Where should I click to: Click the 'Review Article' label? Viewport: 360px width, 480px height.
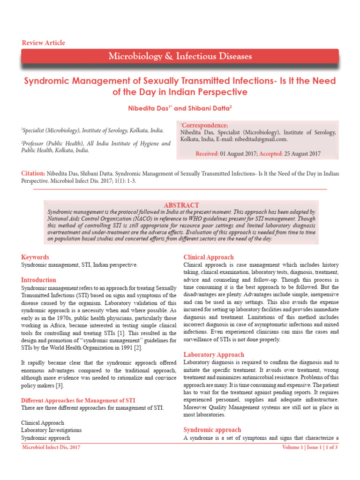44,43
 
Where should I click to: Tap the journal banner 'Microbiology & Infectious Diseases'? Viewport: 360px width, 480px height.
180,57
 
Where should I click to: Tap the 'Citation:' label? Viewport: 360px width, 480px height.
33,173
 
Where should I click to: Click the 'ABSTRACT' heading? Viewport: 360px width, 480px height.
181,205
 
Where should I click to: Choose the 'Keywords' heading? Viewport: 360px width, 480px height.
35,257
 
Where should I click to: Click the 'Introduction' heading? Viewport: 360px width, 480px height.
38,280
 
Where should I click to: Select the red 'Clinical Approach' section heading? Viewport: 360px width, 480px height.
209,257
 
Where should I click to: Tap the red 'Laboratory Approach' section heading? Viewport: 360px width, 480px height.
213,355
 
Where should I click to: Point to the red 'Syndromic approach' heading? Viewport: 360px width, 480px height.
212,430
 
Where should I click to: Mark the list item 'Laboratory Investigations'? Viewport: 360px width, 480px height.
52,430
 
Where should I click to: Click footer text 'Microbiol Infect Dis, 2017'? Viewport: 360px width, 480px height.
52,448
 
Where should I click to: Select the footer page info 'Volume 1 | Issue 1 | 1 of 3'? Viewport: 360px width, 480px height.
309,448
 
